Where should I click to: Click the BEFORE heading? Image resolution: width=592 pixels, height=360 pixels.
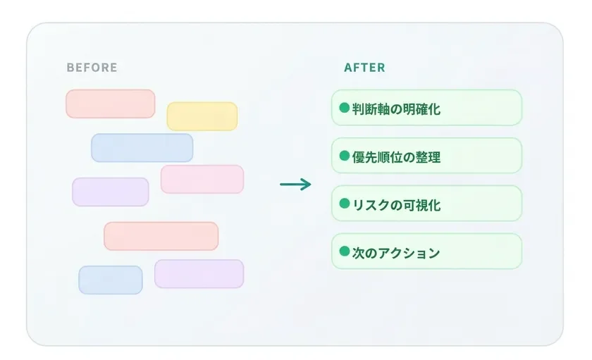click(x=92, y=68)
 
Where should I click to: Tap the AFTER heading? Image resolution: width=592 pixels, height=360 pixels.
click(x=364, y=68)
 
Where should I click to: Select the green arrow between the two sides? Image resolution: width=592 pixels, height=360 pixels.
click(x=295, y=185)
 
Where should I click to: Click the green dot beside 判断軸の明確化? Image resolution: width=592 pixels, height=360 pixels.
click(x=344, y=108)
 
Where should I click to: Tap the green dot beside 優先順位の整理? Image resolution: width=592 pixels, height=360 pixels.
click(x=344, y=156)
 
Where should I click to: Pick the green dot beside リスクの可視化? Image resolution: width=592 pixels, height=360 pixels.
click(x=344, y=204)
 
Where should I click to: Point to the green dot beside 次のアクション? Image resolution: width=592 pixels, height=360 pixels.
click(x=344, y=252)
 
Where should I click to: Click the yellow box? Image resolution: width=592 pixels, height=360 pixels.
click(x=202, y=116)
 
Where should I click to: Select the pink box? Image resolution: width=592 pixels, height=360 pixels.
click(x=202, y=179)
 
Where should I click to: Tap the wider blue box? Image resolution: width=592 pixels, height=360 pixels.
click(x=142, y=148)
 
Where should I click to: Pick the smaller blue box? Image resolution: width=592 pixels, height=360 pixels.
click(x=110, y=280)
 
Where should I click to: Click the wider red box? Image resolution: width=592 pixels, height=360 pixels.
click(x=161, y=236)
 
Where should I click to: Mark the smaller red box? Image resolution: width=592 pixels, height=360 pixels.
click(x=110, y=104)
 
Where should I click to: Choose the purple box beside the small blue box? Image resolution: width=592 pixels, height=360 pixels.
click(x=199, y=274)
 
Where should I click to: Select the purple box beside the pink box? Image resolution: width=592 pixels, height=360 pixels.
click(x=110, y=192)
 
